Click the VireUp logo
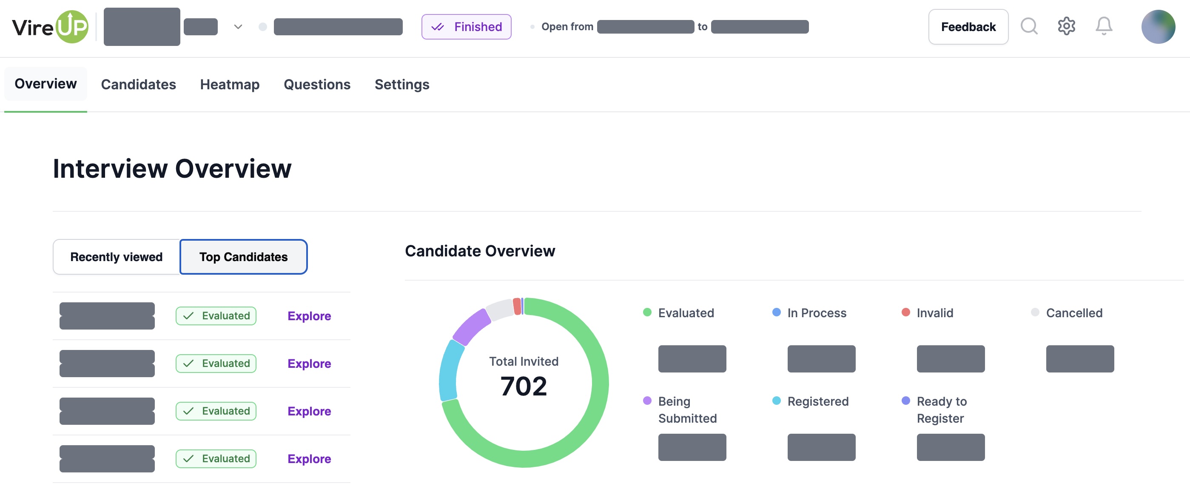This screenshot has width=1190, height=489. [50, 27]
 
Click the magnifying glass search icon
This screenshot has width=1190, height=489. [1029, 26]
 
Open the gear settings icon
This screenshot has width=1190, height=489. [1066, 26]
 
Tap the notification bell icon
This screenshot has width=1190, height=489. [1104, 26]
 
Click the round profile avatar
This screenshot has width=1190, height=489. [1158, 27]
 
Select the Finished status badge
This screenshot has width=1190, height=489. [466, 27]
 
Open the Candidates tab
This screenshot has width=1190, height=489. [138, 85]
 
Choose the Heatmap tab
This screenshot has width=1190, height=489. [230, 85]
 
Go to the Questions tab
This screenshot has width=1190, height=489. [317, 85]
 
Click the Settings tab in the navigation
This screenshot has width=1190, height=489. [401, 85]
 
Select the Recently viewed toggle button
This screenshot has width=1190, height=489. [117, 257]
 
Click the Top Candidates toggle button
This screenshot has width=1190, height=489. [243, 257]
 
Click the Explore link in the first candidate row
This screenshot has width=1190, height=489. [309, 316]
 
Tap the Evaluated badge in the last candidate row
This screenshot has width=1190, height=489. [216, 458]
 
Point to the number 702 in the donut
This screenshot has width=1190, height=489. [524, 386]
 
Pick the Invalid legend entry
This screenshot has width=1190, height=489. [934, 313]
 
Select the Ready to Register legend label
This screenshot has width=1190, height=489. [941, 409]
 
